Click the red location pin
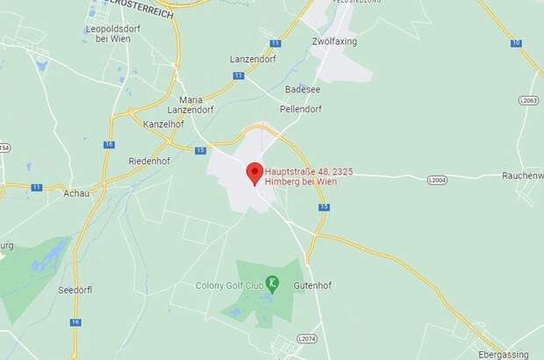point(254,172)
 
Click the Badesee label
point(303,89)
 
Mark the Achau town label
point(77,192)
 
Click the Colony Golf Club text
point(229,284)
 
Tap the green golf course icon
point(274,283)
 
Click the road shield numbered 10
point(516,42)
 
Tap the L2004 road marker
point(437,179)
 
